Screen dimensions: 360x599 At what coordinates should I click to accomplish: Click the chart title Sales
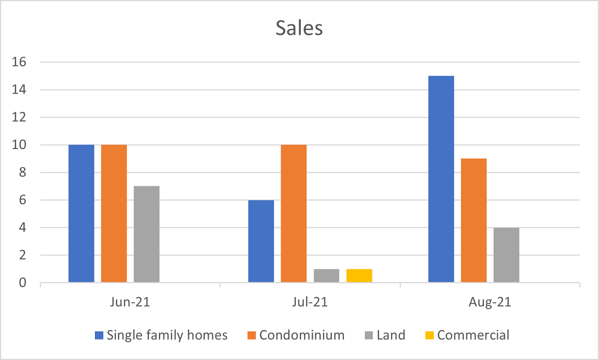tap(299, 28)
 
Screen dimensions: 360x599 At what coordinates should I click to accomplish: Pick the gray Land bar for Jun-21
tap(147, 234)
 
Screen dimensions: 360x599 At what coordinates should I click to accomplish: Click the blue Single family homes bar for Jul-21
tap(261, 241)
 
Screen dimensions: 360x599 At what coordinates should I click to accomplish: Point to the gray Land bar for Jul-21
tap(326, 276)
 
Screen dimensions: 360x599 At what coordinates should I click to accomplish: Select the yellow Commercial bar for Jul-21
tap(359, 276)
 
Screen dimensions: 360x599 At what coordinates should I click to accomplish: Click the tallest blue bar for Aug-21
tap(441, 179)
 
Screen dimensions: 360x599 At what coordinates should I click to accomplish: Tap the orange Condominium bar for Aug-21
tap(474, 220)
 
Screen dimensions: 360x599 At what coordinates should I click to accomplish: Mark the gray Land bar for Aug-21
tap(506, 255)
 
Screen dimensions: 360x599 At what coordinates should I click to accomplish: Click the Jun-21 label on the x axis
tap(130, 302)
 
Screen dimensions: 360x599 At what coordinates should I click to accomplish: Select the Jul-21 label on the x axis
tap(310, 302)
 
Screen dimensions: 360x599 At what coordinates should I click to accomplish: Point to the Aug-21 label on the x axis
tap(490, 302)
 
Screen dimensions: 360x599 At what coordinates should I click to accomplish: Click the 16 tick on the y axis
tap(21, 62)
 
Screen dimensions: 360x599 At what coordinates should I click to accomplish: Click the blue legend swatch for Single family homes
tap(99, 335)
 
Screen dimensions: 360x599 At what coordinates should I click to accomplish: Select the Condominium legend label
tap(302, 335)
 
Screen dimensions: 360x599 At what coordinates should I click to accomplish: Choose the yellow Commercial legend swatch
tap(429, 335)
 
